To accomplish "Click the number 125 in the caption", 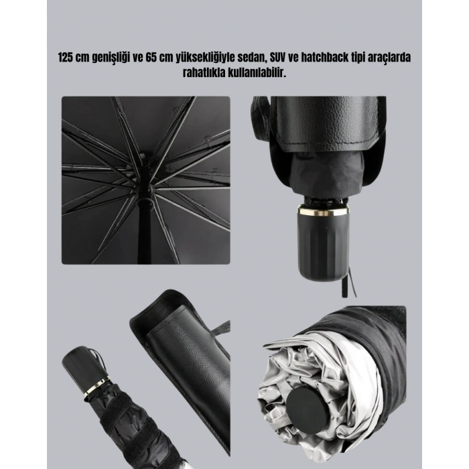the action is [x=66, y=58].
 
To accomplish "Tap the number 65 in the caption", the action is [x=151, y=58].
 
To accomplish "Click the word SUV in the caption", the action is [x=278, y=58].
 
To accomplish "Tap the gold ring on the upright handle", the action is [x=323, y=212].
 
